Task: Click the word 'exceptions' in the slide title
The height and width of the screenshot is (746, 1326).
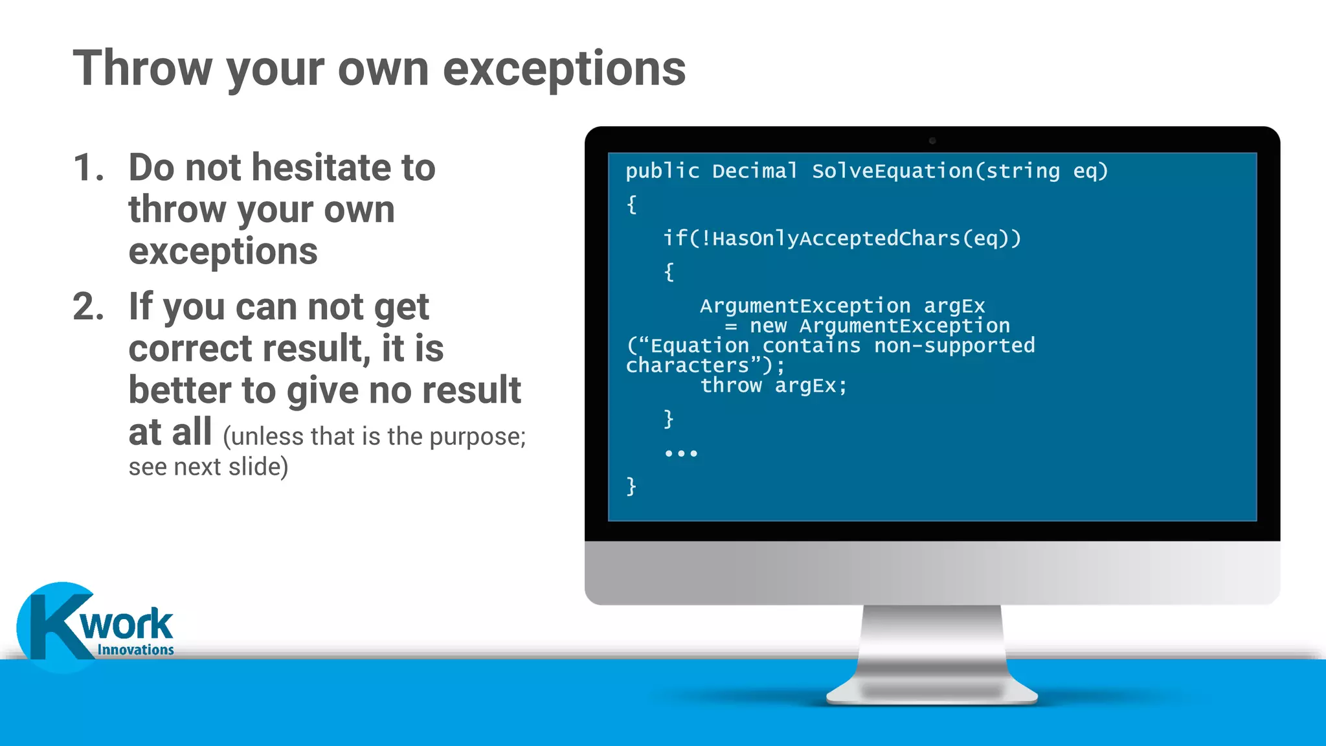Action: [x=564, y=69]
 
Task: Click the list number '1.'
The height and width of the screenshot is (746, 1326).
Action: [x=89, y=168]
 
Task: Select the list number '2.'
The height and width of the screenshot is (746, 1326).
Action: [x=89, y=306]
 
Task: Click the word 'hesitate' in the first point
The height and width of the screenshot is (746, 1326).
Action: [x=320, y=168]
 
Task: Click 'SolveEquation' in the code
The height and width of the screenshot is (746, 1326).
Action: [x=892, y=171]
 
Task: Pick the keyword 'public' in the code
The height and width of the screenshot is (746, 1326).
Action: [x=662, y=171]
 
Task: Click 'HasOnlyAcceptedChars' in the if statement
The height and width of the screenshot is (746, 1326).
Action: [x=836, y=238]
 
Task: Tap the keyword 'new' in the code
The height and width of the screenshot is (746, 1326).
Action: [x=768, y=326]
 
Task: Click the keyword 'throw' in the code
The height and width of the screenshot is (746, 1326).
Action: [x=731, y=386]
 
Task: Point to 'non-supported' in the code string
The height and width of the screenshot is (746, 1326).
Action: [x=954, y=346]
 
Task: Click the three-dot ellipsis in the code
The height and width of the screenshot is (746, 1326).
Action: [x=681, y=453]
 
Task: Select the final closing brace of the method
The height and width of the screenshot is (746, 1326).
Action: [x=631, y=486]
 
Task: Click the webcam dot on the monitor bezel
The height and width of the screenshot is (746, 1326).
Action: [x=932, y=141]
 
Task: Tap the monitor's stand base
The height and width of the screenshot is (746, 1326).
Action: [x=932, y=693]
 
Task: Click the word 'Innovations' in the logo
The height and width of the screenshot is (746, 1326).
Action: [x=135, y=650]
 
